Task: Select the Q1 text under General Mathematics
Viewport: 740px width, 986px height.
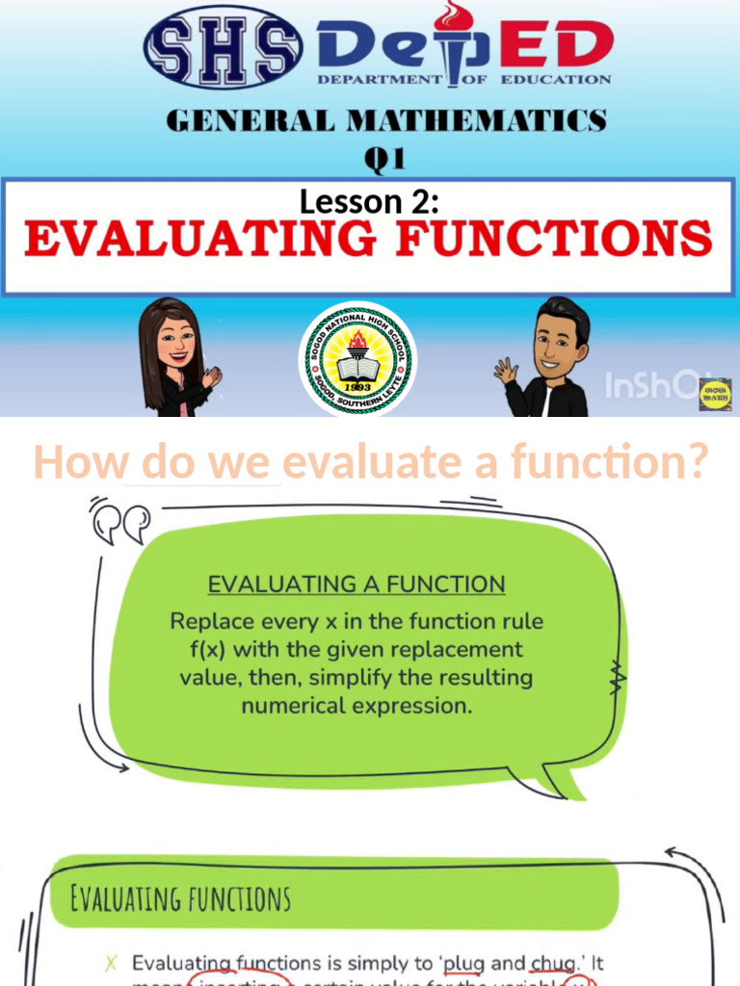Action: click(x=383, y=158)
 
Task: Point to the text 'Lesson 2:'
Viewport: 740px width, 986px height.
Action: click(x=369, y=202)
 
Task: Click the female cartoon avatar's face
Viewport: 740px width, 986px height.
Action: click(x=175, y=339)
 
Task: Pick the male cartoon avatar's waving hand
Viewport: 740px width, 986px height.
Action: click(x=505, y=371)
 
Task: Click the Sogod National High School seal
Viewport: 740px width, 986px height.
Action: click(x=357, y=360)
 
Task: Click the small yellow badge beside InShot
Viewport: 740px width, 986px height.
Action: click(x=714, y=394)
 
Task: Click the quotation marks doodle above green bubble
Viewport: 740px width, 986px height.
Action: click(x=120, y=523)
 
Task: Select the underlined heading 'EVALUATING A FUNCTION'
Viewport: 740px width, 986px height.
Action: click(x=357, y=584)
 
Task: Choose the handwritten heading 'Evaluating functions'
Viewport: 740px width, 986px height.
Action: click(x=180, y=899)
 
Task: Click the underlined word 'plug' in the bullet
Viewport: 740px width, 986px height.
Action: click(x=462, y=963)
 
